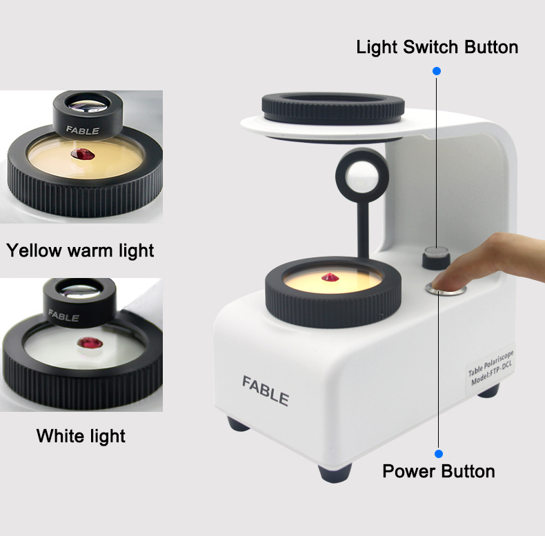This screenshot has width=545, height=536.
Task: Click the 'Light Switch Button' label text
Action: [437, 47]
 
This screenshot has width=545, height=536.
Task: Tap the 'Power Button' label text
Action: [439, 471]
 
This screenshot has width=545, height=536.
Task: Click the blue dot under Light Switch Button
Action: [437, 71]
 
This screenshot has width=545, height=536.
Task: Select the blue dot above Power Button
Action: [439, 454]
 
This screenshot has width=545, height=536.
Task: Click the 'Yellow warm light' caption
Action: [80, 250]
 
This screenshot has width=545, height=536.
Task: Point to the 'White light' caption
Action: [81, 436]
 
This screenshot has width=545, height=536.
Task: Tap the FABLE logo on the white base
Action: [265, 390]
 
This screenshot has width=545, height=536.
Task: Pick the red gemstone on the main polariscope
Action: [330, 277]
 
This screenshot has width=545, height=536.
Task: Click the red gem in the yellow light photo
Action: [83, 154]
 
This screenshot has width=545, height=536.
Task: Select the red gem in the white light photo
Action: [90, 343]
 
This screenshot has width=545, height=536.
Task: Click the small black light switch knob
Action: [436, 257]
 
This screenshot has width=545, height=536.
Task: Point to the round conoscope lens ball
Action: [361, 175]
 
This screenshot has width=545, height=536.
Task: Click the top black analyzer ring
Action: [333, 108]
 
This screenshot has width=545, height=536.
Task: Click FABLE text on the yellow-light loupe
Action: [83, 130]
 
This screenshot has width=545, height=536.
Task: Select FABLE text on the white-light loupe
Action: [63, 316]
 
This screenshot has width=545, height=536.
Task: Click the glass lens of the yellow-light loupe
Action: [88, 103]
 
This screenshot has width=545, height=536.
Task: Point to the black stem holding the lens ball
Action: [363, 230]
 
